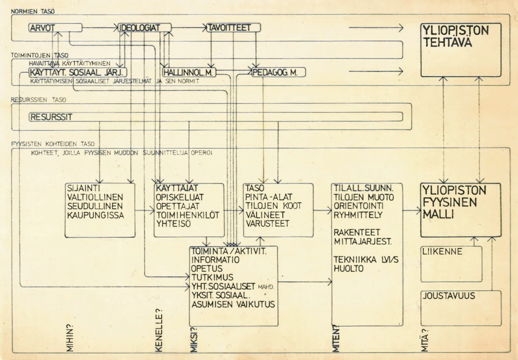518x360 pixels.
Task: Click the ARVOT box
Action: click(55, 28)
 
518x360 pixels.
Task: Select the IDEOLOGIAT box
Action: click(144, 28)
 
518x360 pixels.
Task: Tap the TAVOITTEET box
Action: click(233, 28)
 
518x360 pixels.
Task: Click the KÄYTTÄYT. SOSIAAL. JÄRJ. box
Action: click(78, 73)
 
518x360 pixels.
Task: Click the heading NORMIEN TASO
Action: click(33, 11)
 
